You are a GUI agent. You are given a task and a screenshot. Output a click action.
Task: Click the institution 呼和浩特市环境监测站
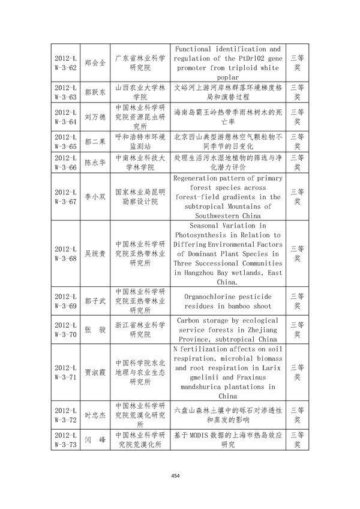pos(140,142)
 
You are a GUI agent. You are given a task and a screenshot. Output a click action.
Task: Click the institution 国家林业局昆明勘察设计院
pos(140,196)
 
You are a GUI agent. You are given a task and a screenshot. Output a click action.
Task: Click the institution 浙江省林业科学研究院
pos(140,330)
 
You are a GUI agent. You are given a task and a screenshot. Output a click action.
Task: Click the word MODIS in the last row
pos(198,436)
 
